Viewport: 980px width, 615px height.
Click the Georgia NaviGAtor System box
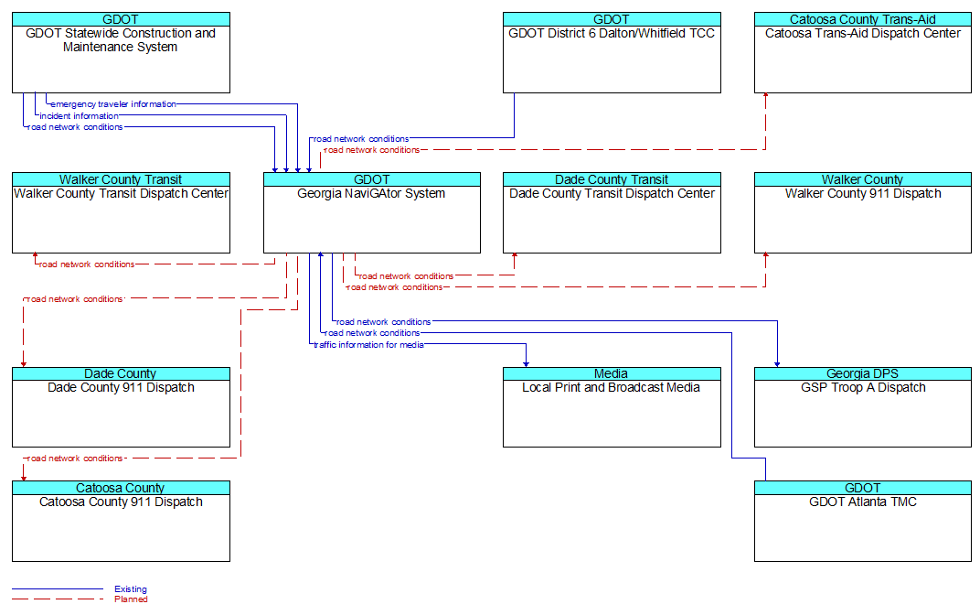pos(372,212)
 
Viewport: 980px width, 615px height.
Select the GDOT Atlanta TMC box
pos(862,521)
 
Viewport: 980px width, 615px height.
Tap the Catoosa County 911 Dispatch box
pos(121,521)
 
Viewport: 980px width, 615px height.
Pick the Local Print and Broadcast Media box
pos(612,407)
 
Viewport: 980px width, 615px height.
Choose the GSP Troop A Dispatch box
pos(862,407)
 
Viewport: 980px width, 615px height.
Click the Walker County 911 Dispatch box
pos(862,212)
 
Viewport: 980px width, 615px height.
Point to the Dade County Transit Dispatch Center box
pos(612,212)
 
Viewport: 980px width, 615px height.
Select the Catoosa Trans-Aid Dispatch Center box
pos(862,52)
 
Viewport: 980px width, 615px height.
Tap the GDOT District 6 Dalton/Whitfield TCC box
pos(612,52)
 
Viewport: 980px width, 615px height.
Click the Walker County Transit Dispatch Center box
pos(121,212)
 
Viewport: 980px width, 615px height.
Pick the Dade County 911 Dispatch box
pos(121,407)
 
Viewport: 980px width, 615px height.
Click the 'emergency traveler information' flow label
pos(113,104)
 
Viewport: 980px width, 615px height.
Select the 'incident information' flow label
pos(79,115)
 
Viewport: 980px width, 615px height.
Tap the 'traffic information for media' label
pos(368,345)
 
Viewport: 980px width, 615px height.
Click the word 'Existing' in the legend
pos(131,588)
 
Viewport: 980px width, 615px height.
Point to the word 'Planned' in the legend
pos(132,599)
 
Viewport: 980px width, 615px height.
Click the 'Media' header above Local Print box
pos(612,373)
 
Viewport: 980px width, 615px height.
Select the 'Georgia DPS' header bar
pos(862,373)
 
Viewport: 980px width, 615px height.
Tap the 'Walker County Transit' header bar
pos(121,179)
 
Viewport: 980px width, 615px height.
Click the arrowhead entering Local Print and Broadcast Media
pos(527,363)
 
